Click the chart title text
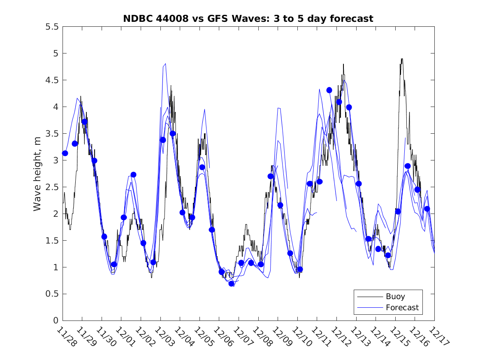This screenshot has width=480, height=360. click(x=248, y=19)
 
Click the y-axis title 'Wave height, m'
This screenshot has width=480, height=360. click(x=37, y=174)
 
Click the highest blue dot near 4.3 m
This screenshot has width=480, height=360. click(x=329, y=90)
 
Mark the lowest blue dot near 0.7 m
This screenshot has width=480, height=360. click(x=232, y=283)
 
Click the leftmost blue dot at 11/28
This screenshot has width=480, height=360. click(x=65, y=153)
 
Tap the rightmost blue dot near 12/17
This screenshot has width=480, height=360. click(x=427, y=209)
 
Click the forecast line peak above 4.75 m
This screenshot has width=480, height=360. click(x=165, y=64)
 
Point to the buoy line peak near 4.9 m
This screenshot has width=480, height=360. click(x=401, y=59)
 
